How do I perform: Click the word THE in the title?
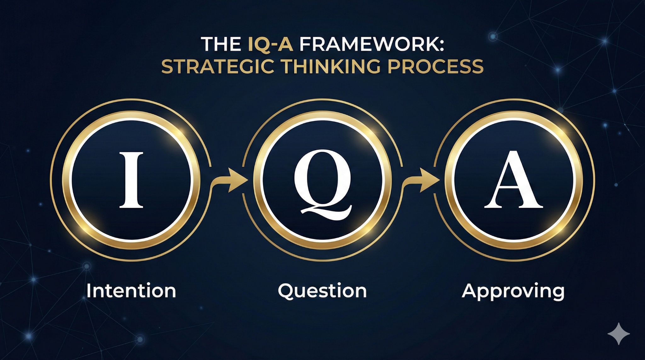click(x=221, y=44)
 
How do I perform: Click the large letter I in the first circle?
click(x=131, y=180)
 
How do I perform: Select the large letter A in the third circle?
click(x=514, y=180)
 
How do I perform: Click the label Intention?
click(x=131, y=290)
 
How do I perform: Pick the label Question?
click(x=322, y=291)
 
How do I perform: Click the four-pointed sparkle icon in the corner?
click(x=619, y=334)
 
